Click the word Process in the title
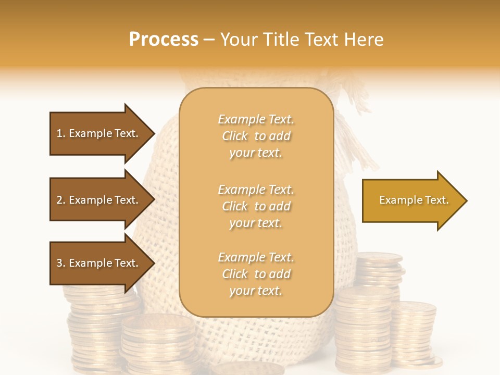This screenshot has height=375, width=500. coord(164,40)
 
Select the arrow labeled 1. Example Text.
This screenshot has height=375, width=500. coord(97,133)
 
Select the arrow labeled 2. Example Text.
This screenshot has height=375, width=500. coord(97,200)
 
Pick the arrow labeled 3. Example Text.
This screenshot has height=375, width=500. coord(97,263)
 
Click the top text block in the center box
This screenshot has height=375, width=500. coord(256,136)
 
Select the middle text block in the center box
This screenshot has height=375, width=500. coord(256,206)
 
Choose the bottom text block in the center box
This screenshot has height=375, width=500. coord(256,274)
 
